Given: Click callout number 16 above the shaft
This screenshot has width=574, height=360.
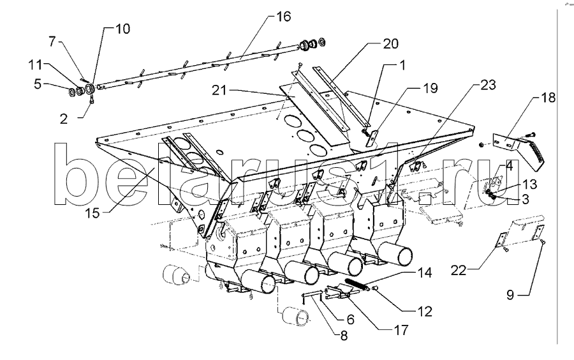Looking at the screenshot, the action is (x=283, y=17).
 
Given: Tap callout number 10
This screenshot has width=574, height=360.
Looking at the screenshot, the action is (x=122, y=29).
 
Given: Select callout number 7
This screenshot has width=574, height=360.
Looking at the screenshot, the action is (x=52, y=41).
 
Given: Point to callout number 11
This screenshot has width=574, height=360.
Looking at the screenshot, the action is (x=36, y=65).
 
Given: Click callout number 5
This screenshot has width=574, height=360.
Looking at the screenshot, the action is (x=38, y=84).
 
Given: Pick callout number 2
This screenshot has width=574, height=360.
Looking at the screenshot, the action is (x=64, y=119).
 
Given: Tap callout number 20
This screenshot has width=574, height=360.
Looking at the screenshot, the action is (x=390, y=43).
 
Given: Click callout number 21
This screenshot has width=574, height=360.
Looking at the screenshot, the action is (x=219, y=90).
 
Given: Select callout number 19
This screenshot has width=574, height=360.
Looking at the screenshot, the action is (x=430, y=88).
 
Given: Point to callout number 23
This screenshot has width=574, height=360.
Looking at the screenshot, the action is (x=488, y=85).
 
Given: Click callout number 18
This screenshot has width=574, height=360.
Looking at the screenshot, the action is (x=548, y=98).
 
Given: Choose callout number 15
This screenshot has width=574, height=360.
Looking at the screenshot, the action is (x=92, y=213).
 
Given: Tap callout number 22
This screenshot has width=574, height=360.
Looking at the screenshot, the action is (x=459, y=271).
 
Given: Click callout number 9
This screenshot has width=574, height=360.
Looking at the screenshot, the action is (x=510, y=294).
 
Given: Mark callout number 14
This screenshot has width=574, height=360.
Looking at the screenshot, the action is (x=425, y=273).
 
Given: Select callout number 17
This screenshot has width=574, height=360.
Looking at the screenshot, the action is (x=401, y=330).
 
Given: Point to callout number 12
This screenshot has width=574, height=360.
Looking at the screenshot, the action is (x=425, y=311).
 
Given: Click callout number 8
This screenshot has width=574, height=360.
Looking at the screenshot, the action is (x=344, y=336).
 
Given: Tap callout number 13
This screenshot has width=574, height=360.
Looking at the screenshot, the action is (x=530, y=184).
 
